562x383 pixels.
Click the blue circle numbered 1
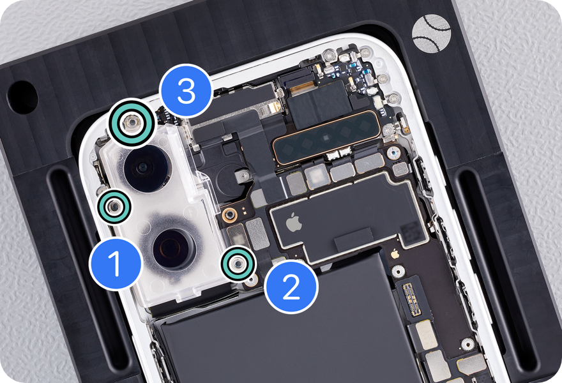coord(116,264)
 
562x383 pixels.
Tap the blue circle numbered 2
coord(291,286)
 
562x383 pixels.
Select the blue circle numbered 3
coord(186,91)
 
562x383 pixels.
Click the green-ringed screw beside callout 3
coord(132,123)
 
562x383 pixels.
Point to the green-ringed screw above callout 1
coord(114,207)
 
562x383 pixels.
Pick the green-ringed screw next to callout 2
coord(238,264)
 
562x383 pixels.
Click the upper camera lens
coord(146,167)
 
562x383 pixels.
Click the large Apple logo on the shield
coord(294,222)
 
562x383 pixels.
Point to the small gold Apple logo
coord(395,253)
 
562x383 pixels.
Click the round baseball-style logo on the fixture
coord(431,33)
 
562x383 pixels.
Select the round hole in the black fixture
coord(22,98)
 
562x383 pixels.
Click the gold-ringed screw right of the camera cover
coord(229,214)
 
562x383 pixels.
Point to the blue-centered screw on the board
coord(393,154)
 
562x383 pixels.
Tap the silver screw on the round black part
coord(243,175)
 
